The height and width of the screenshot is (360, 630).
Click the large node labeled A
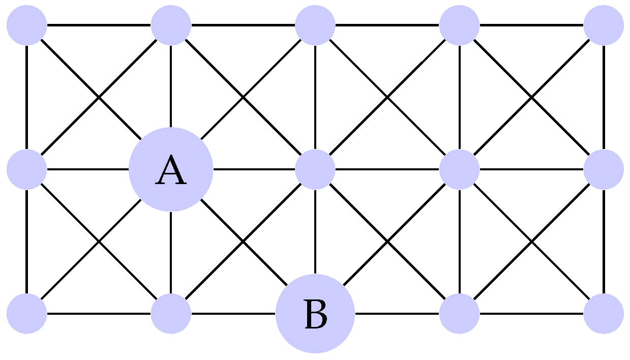pyautogui.click(x=171, y=169)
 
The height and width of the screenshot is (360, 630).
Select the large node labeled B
pyautogui.click(x=315, y=313)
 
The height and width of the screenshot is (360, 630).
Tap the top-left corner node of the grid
pyautogui.click(x=27, y=25)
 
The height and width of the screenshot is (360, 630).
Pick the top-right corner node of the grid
pyautogui.click(x=603, y=25)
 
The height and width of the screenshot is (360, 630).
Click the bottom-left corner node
pyautogui.click(x=27, y=313)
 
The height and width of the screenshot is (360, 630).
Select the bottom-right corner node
pyautogui.click(x=603, y=313)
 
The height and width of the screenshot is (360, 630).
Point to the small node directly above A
pyautogui.click(x=171, y=25)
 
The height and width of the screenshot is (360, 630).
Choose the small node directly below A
pyautogui.click(x=171, y=313)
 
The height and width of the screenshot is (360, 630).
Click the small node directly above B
pyautogui.click(x=315, y=169)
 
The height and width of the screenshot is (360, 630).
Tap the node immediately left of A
pyautogui.click(x=27, y=169)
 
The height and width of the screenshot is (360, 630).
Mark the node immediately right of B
pyautogui.click(x=459, y=313)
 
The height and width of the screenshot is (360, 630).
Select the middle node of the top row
pyautogui.click(x=315, y=25)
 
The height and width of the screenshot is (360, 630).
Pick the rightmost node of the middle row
pyautogui.click(x=603, y=169)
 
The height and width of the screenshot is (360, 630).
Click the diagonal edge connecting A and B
pyautogui.click(x=243, y=242)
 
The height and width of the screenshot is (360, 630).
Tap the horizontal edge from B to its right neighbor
pyautogui.click(x=397, y=313)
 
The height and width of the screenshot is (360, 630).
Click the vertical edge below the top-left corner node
pyautogui.click(x=27, y=97)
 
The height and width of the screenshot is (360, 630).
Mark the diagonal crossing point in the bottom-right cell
pyautogui.click(x=531, y=242)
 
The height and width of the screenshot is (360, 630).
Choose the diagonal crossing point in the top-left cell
pyautogui.click(x=99, y=97)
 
